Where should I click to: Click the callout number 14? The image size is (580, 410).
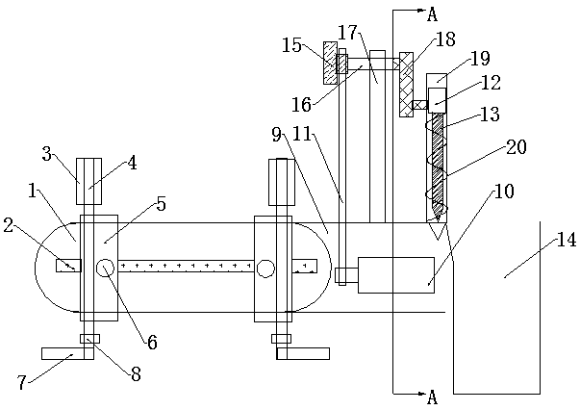click(x=567, y=240)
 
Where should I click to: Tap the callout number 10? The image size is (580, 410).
click(x=504, y=192)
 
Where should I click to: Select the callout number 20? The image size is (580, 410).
click(x=517, y=147)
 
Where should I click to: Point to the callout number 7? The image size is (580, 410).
click(x=21, y=382)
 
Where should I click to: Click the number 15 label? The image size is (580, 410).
click(x=291, y=45)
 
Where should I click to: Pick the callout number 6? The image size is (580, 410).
click(x=152, y=343)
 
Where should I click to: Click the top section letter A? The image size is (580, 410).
click(x=432, y=14)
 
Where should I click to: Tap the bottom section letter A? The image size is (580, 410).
click(x=432, y=397)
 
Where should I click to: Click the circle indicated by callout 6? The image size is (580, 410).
click(x=105, y=268)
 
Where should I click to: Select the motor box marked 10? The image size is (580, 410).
click(x=396, y=275)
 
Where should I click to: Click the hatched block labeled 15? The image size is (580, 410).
click(x=330, y=63)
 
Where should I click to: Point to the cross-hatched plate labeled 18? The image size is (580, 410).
click(x=406, y=85)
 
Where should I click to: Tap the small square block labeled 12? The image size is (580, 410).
click(x=437, y=100)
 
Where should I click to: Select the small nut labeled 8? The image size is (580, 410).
click(x=89, y=339)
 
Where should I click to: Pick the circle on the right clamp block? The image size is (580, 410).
click(x=265, y=269)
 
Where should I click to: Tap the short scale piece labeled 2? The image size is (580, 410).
click(x=68, y=266)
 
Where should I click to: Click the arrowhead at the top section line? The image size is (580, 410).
click(x=421, y=11)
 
